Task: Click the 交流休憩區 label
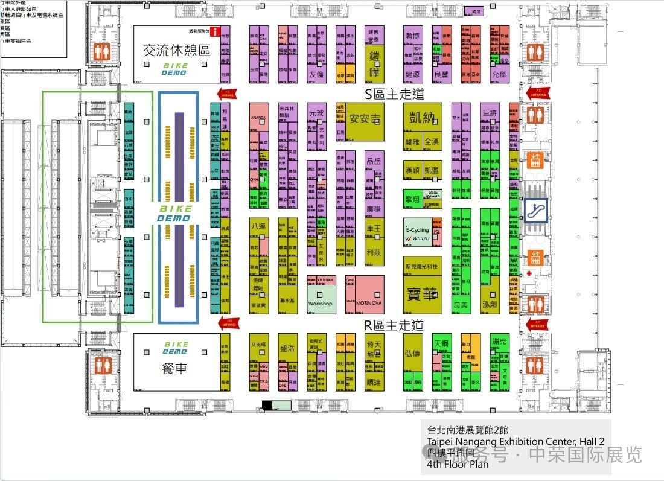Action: click(176, 51)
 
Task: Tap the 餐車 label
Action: click(175, 368)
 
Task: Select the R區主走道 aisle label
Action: click(394, 325)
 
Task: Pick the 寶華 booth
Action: click(422, 293)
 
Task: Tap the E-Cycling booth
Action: click(417, 230)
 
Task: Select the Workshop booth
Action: click(320, 303)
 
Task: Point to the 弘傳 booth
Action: click(412, 353)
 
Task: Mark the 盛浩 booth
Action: click(287, 348)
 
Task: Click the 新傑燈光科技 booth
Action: click(422, 266)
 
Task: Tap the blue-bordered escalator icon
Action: click(535, 211)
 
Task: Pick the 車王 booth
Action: click(374, 229)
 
